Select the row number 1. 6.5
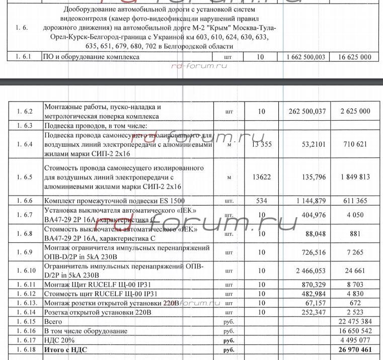(x=25, y=177)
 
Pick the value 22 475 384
(x=356, y=321)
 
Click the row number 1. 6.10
(x=25, y=271)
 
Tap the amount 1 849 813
(x=356, y=177)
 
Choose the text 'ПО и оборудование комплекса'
(x=92, y=57)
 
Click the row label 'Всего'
(x=54, y=321)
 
